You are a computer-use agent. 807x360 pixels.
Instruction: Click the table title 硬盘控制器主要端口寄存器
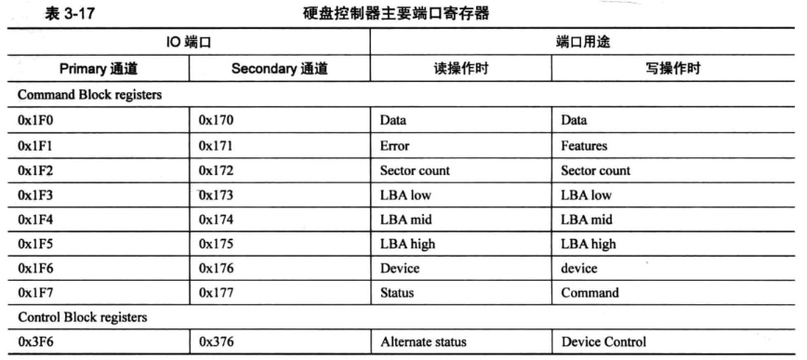coord(403,12)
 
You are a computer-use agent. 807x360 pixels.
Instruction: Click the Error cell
coord(394,146)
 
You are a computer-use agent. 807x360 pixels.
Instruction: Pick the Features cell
coord(585,146)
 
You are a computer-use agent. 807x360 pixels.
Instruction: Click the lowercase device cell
coord(578,268)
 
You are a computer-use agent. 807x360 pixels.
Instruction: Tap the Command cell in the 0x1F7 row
coord(590,293)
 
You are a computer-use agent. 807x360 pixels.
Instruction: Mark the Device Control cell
coord(602,341)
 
